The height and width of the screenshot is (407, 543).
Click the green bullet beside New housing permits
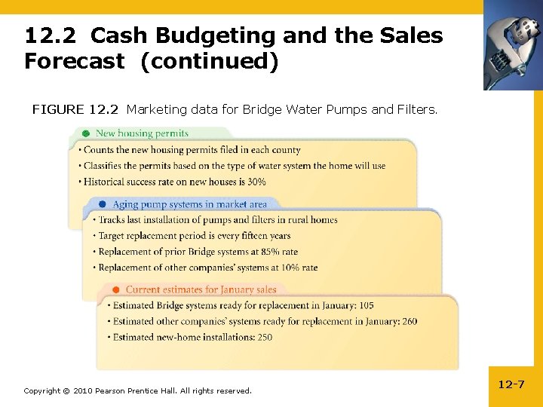pyautogui.click(x=87, y=133)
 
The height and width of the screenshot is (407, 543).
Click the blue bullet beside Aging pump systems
pyautogui.click(x=102, y=204)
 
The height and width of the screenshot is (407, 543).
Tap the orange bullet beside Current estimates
pyautogui.click(x=115, y=289)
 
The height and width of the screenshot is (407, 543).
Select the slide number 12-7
pyautogui.click(x=511, y=384)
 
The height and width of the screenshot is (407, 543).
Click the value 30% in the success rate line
pyautogui.click(x=256, y=182)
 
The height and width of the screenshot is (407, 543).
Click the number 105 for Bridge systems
pyautogui.click(x=366, y=306)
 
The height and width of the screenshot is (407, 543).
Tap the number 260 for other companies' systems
pyautogui.click(x=410, y=322)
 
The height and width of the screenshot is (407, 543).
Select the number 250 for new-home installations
pyautogui.click(x=264, y=338)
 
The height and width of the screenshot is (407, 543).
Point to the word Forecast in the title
pyautogui.click(x=74, y=62)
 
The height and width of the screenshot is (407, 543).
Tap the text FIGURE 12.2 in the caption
pyautogui.click(x=75, y=110)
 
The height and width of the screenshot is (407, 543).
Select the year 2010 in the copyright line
pyautogui.click(x=82, y=390)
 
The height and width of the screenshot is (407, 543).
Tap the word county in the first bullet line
pyautogui.click(x=286, y=150)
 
